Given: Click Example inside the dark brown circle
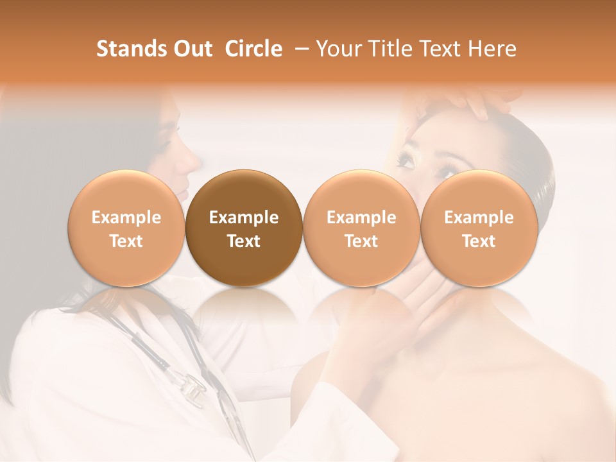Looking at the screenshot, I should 244,218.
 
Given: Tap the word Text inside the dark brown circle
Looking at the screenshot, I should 244,241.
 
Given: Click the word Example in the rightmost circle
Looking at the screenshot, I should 479,218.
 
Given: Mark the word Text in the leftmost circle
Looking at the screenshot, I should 126,241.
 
